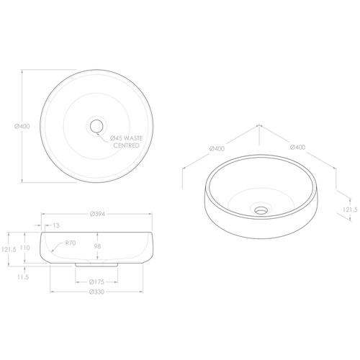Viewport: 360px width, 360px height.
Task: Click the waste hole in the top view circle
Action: [x=94, y=126]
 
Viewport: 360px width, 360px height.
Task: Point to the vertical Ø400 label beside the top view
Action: [x=21, y=126]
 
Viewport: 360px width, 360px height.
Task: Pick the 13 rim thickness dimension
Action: [x=55, y=226]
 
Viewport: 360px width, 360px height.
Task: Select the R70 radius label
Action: [x=70, y=243]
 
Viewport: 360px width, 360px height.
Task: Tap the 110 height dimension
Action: [x=25, y=247]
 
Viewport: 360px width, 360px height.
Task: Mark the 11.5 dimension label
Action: [x=22, y=276]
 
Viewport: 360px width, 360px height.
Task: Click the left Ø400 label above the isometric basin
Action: [x=217, y=149]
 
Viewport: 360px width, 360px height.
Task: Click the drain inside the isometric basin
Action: [x=260, y=210]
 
